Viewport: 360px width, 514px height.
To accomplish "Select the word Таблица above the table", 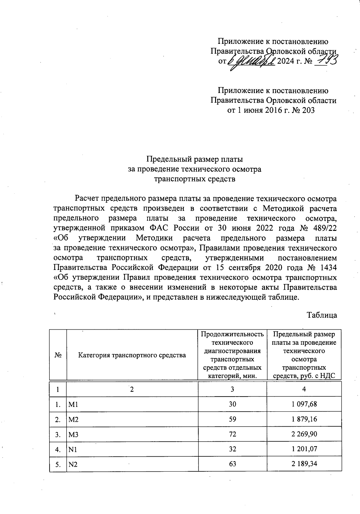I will (x=322, y=315).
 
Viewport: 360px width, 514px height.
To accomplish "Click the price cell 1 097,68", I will (x=304, y=404).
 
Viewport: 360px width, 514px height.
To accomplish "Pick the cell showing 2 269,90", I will (x=304, y=434).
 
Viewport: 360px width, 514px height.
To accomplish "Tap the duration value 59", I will (x=232, y=419).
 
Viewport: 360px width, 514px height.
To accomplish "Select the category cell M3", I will (x=73, y=434).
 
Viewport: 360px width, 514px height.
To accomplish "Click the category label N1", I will (x=73, y=449).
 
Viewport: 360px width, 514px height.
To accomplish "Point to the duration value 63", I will (x=232, y=464).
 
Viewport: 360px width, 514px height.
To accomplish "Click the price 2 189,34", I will (x=304, y=464).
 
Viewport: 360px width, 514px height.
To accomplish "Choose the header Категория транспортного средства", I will (x=132, y=355).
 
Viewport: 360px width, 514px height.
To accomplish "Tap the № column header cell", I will (x=58, y=355).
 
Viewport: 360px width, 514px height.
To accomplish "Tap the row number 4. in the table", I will (x=58, y=449).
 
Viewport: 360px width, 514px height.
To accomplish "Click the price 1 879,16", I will (x=304, y=419).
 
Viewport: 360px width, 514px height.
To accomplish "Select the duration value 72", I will (x=232, y=434).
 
